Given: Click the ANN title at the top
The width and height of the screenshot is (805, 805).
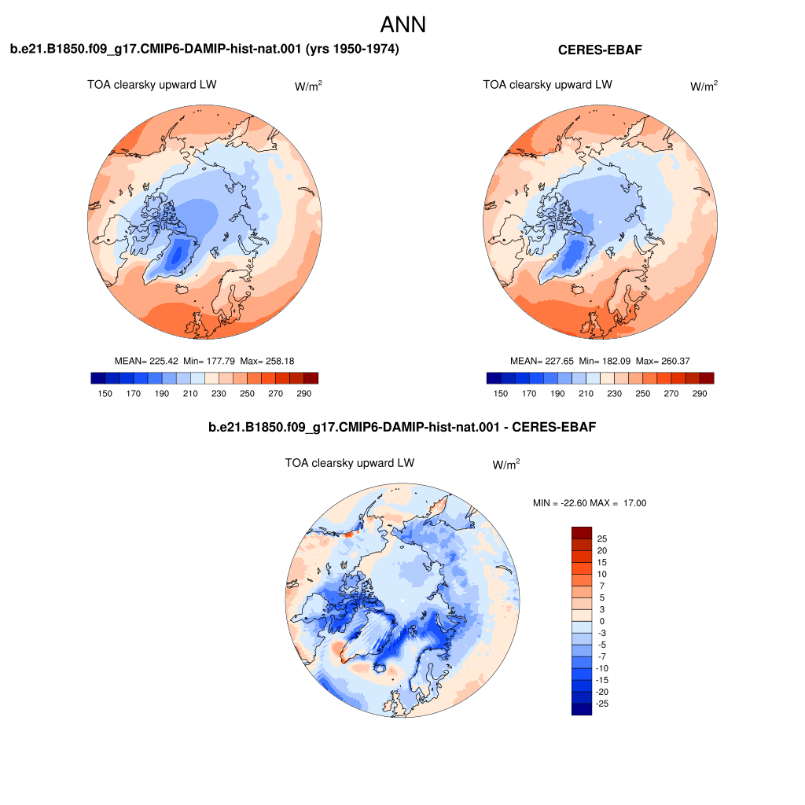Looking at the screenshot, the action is pos(403,24).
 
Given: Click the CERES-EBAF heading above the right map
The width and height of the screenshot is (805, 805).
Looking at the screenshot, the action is pos(600,50).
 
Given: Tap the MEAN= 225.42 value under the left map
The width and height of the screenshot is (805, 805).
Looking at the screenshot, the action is pos(146,361).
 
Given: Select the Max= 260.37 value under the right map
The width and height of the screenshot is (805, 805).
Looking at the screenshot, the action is pos(663,361).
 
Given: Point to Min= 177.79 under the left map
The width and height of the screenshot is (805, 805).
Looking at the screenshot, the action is pos(209,361).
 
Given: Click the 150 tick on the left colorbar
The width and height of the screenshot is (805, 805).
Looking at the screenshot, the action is pos(105,393).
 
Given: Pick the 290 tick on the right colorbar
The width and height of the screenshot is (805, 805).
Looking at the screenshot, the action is pos(699,393).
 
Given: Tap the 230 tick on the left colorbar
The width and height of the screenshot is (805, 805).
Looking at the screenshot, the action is pos(219,393).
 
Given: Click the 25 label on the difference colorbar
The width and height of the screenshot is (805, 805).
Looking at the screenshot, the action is pos(602,539).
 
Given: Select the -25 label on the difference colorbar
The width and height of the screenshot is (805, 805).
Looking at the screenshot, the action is pos(602,704).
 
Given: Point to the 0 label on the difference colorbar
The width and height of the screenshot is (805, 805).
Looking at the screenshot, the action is pos(602,621).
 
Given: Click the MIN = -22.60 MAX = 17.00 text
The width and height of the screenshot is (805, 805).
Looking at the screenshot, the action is pos(590,503).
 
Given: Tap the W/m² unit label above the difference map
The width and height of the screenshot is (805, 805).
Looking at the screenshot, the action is pos(506,464).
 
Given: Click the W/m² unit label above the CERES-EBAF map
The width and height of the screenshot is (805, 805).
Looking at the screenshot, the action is pos(704,86).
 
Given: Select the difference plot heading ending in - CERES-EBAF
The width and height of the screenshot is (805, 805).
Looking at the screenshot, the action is pos(402,427).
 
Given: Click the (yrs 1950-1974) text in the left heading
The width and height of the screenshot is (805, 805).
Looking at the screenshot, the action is pos(352,49).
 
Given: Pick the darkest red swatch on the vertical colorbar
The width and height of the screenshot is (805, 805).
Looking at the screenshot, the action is pos(582,533).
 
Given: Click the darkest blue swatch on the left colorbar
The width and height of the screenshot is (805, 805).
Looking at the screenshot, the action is pos(98,378).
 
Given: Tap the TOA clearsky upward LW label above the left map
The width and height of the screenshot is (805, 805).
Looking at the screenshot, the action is pos(152,85).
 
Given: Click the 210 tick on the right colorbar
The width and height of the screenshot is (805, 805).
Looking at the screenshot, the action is pos(586,393).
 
